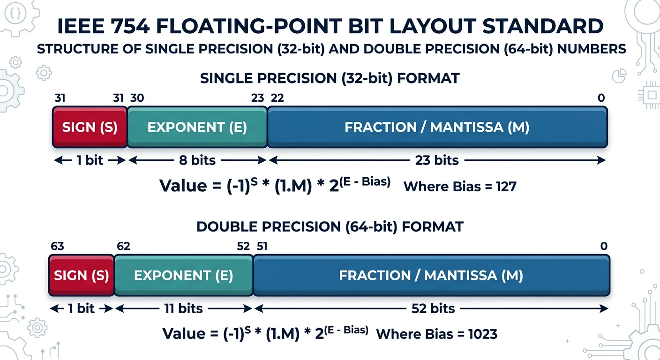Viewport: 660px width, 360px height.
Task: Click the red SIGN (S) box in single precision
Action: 90,127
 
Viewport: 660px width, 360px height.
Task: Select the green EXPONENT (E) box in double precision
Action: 183,276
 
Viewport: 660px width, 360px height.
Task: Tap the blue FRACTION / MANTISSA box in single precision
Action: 437,127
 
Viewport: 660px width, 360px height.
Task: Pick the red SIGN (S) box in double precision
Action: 82,276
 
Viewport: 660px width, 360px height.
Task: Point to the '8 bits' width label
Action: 197,160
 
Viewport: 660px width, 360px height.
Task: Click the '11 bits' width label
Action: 183,308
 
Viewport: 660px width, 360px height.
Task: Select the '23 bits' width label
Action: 437,160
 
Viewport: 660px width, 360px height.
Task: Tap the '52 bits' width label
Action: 433,308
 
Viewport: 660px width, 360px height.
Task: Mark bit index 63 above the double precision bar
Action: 58,247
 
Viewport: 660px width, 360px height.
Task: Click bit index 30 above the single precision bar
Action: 137,98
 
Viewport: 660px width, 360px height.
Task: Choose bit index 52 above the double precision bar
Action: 243,247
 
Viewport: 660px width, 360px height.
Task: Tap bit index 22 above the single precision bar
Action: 277,98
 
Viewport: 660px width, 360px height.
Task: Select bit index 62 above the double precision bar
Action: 123,247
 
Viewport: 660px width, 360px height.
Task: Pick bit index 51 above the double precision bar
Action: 262,247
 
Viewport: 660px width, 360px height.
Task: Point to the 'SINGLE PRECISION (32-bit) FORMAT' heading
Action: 330,78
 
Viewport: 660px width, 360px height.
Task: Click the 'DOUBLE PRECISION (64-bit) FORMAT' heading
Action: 330,226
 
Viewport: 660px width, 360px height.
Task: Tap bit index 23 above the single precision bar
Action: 257,98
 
